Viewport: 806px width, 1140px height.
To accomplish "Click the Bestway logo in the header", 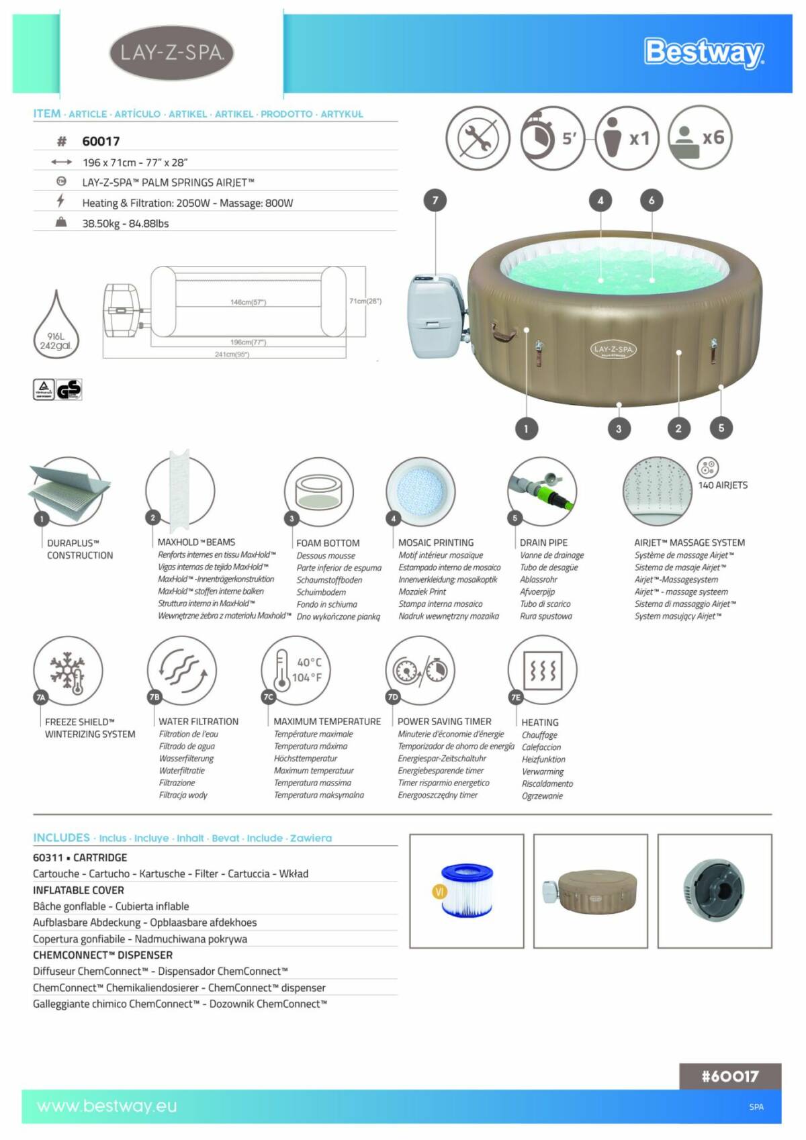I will coord(703,52).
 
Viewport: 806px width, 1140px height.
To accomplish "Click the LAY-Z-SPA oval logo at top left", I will coord(171,52).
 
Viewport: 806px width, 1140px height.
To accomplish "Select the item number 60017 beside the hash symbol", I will coord(101,141).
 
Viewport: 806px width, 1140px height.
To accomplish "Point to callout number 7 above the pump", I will coord(435,200).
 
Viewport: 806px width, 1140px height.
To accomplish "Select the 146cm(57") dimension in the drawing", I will coord(248,302).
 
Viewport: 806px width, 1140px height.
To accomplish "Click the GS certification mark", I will coord(69,389).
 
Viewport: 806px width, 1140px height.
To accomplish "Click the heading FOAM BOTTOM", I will coord(328,542).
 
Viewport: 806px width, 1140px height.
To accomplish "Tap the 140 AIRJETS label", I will coord(723,485).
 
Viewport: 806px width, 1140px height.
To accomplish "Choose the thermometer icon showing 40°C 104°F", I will coord(296,669).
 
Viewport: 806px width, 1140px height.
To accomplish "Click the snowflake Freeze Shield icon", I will coord(68,671).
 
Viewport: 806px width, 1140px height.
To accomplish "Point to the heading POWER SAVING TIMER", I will coord(444,721).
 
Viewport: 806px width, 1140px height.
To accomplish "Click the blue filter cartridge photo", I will coord(466,890).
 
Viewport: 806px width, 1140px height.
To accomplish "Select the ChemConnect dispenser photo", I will coord(714,890).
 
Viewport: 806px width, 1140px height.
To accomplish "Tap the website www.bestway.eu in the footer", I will coord(107,1106).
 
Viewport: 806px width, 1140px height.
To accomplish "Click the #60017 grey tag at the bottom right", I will coord(729,1076).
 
